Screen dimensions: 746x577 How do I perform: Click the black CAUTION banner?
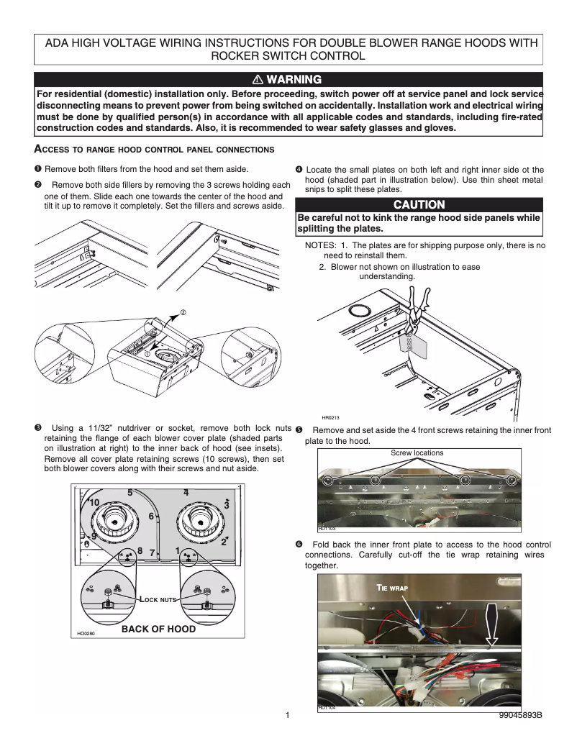click(419, 205)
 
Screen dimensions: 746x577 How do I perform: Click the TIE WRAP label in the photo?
click(393, 587)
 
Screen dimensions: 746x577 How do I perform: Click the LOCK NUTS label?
click(158, 599)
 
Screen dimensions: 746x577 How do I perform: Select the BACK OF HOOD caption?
click(158, 628)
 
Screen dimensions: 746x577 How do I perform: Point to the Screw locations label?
click(417, 452)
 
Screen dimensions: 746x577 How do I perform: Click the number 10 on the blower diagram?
click(94, 501)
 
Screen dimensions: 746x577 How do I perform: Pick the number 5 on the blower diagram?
click(130, 493)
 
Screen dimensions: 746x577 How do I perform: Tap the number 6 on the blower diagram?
click(151, 516)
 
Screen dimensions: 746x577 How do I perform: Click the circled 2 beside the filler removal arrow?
click(183, 313)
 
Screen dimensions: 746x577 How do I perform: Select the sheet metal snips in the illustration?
click(413, 306)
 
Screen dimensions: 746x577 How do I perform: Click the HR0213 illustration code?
click(330, 417)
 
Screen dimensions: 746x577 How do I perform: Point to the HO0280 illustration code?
click(86, 634)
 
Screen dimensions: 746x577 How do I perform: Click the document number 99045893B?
click(519, 716)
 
